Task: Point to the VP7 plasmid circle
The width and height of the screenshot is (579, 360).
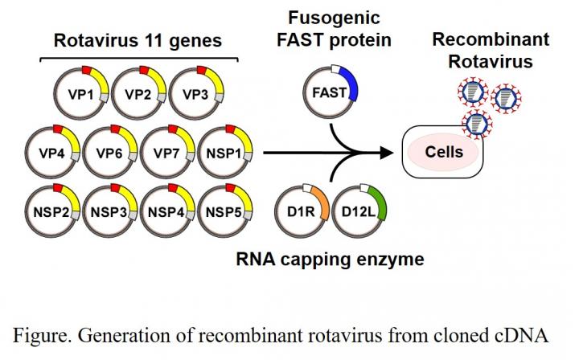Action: coord(166,150)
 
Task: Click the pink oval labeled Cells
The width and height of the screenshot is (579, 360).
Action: coord(444,150)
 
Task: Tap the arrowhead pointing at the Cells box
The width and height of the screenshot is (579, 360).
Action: coord(392,151)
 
